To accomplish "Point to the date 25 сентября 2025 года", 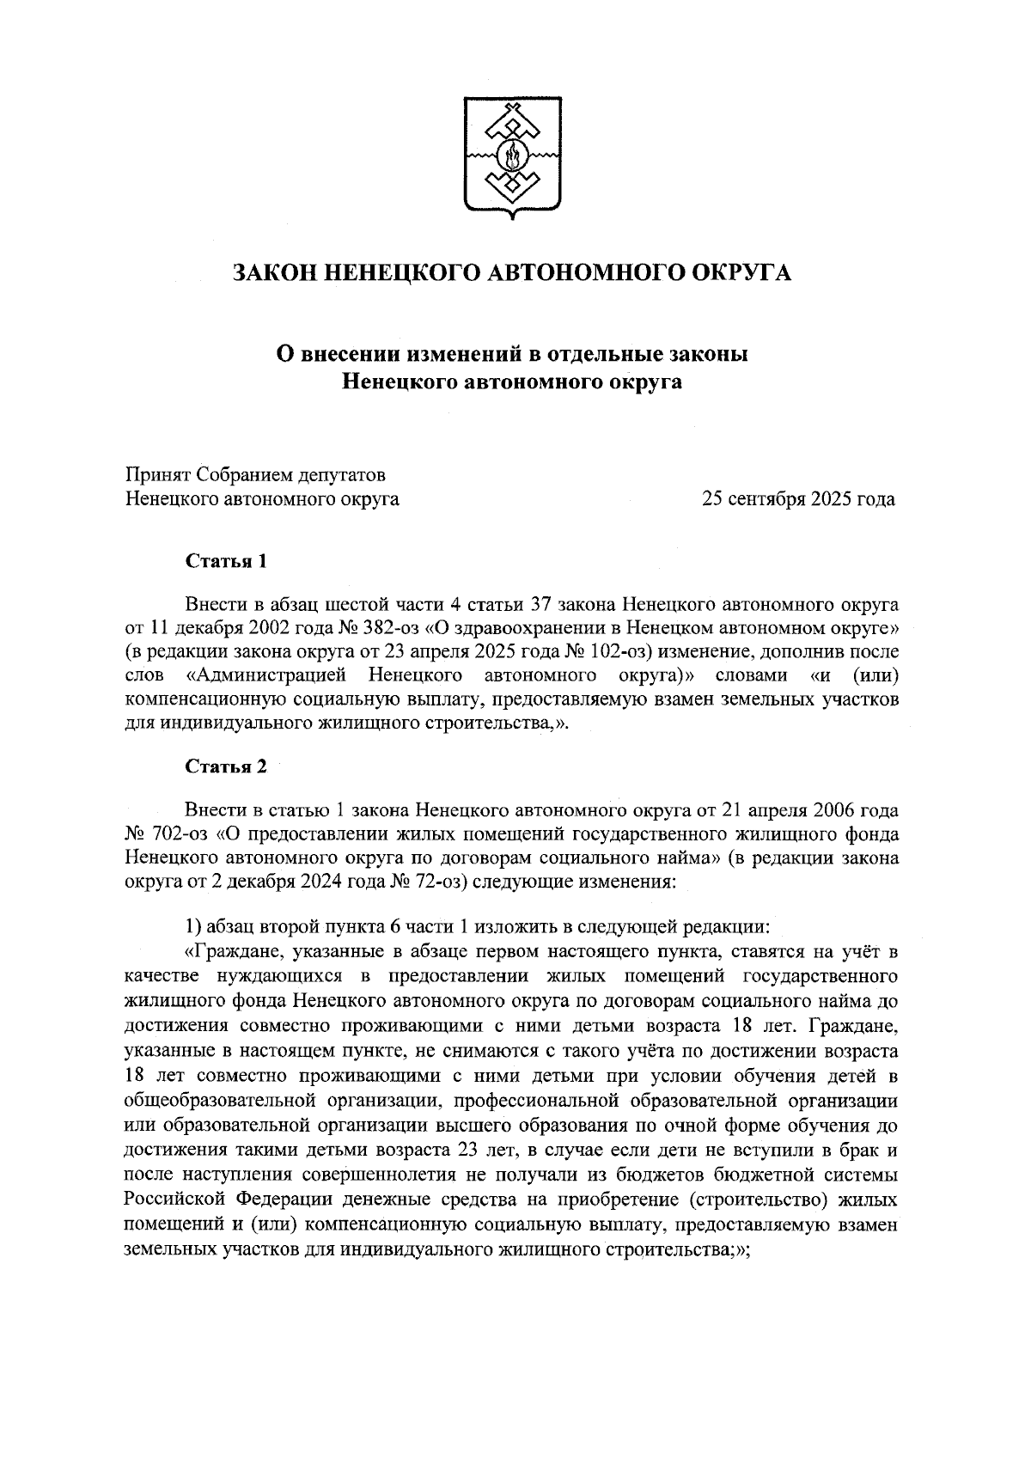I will (798, 498).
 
